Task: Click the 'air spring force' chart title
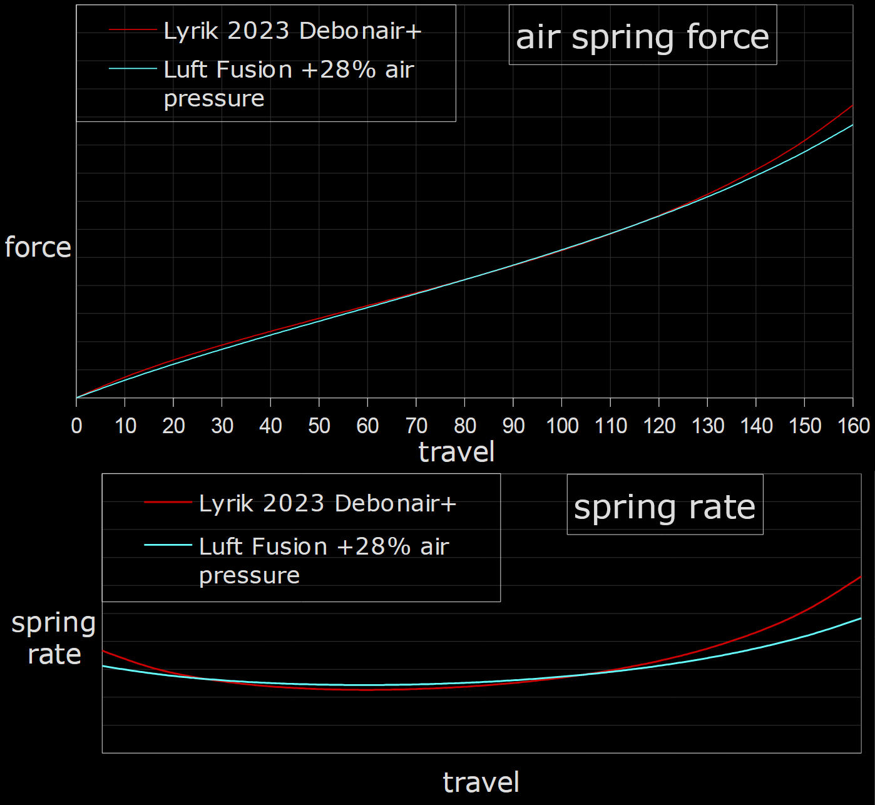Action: (642, 36)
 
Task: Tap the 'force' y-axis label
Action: (38, 247)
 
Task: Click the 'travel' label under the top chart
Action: (456, 452)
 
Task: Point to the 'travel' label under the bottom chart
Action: (481, 782)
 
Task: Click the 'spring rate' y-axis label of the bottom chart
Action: (54, 638)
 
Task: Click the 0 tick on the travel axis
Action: (77, 426)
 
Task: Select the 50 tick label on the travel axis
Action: (319, 426)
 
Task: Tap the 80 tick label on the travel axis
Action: (465, 426)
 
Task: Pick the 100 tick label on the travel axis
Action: (562, 426)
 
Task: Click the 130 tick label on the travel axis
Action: (708, 426)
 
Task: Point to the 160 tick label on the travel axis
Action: (854, 426)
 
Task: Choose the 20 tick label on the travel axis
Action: (173, 426)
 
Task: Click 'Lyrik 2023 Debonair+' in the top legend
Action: (292, 31)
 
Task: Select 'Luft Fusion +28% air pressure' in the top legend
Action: (289, 83)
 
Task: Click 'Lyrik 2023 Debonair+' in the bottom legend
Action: (327, 503)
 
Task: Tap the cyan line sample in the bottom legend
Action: (168, 545)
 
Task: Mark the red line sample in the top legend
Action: (133, 29)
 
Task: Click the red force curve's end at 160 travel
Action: (852, 105)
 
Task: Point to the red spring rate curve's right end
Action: (861, 577)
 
